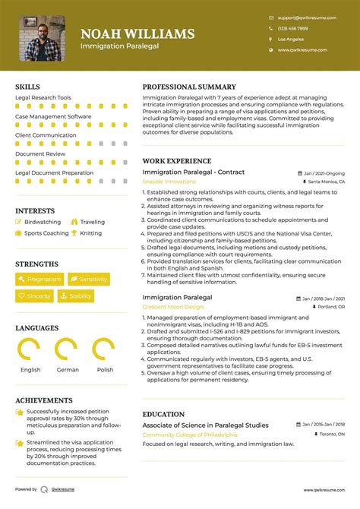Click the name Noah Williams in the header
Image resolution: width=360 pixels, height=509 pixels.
pos(137,33)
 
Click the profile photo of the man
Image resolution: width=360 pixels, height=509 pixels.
pos(42,37)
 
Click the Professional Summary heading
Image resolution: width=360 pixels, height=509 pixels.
pos(189,87)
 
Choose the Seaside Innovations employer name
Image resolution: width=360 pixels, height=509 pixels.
pos(169,182)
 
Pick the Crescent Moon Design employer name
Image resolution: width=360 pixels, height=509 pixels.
pos(173,307)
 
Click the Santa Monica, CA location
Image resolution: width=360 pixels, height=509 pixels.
pos(327,183)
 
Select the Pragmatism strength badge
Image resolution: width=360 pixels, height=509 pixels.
pos(39,280)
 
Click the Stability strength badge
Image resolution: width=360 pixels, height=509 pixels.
pos(76,296)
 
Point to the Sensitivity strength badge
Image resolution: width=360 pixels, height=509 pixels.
pos(89,280)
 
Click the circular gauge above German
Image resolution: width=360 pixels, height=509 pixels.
pos(67,349)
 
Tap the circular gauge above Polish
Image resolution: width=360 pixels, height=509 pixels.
pos(104,349)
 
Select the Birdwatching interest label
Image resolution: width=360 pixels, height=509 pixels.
pos(43,222)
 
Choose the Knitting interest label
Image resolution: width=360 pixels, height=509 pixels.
pos(90,233)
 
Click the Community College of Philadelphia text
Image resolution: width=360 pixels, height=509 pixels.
pos(190,435)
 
